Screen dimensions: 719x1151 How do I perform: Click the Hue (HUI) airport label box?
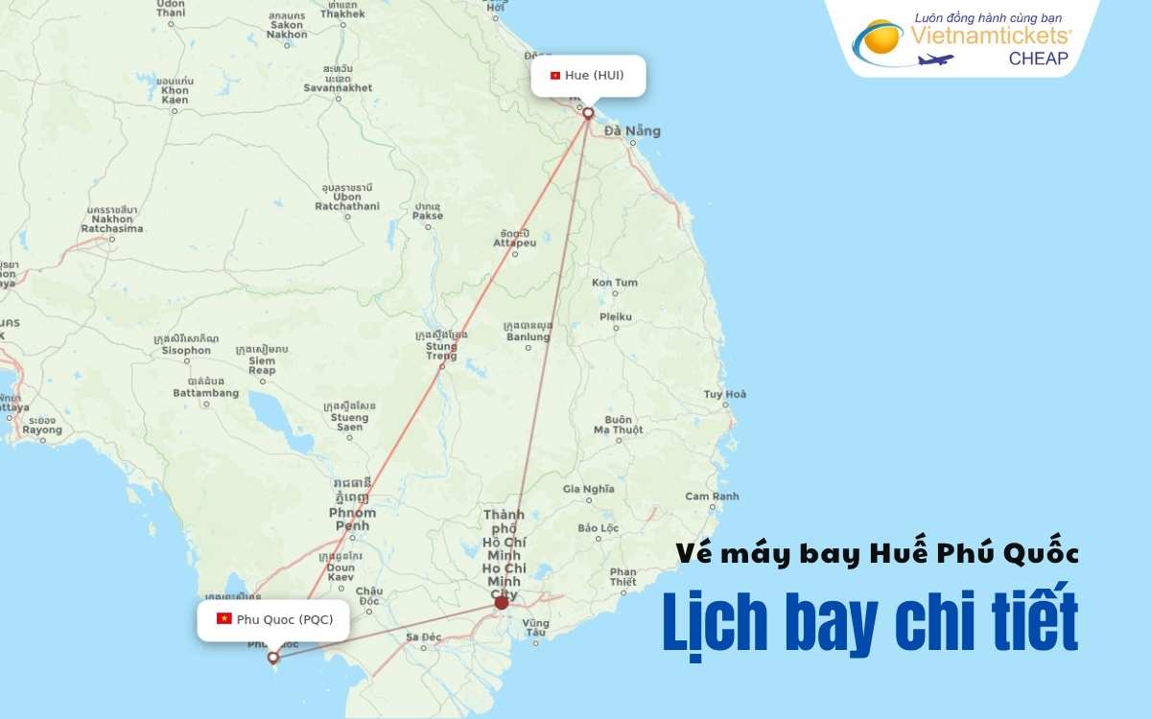(588, 76)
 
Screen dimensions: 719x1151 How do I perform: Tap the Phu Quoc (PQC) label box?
(274, 619)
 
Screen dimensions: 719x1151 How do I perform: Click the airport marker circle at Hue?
(588, 113)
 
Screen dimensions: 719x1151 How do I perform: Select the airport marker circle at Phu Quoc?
(273, 658)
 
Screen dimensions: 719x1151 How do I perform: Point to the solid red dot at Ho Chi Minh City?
(501, 603)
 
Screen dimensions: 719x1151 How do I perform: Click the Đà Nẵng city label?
(639, 131)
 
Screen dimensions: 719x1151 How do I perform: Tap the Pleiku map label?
(616, 316)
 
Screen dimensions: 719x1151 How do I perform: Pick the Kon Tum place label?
(614, 283)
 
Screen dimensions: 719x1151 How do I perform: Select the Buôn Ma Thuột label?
(619, 425)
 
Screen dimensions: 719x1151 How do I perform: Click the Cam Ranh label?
(712, 497)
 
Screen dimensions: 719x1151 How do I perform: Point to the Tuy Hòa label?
(725, 394)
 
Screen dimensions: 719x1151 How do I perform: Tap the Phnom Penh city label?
(353, 520)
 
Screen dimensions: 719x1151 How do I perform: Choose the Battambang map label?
(206, 393)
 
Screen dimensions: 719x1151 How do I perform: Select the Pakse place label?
(428, 216)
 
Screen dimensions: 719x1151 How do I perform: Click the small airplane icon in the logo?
(935, 59)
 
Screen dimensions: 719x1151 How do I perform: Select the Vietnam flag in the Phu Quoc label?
(224, 618)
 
